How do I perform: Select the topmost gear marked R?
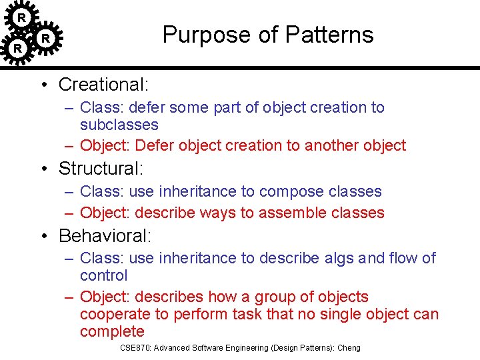(21, 17)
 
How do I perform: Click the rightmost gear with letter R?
(45, 39)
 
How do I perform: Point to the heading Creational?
(103, 85)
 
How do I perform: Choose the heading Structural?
(101, 169)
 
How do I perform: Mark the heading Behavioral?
(105, 235)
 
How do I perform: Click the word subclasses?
(119, 125)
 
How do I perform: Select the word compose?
(288, 191)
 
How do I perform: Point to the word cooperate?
(115, 314)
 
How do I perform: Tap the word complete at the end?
(112, 331)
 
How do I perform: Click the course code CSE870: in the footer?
(136, 348)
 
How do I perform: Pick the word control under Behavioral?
(103, 275)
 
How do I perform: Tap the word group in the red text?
(278, 297)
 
